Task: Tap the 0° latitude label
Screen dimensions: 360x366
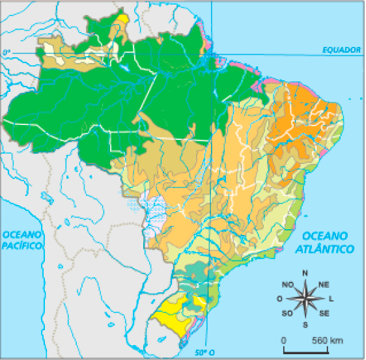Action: click(6, 51)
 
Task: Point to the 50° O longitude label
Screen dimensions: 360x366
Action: click(206, 352)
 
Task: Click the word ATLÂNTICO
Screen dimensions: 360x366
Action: click(324, 249)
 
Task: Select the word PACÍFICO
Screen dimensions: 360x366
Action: click(21, 245)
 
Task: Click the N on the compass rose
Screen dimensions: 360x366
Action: click(305, 273)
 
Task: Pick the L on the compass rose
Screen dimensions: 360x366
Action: click(331, 299)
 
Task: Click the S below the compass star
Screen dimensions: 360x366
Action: click(305, 324)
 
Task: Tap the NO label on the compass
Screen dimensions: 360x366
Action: click(287, 284)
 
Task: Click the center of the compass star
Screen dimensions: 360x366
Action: click(305, 299)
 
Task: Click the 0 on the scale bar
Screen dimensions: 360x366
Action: click(284, 340)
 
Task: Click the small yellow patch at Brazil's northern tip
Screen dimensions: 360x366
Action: click(120, 19)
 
